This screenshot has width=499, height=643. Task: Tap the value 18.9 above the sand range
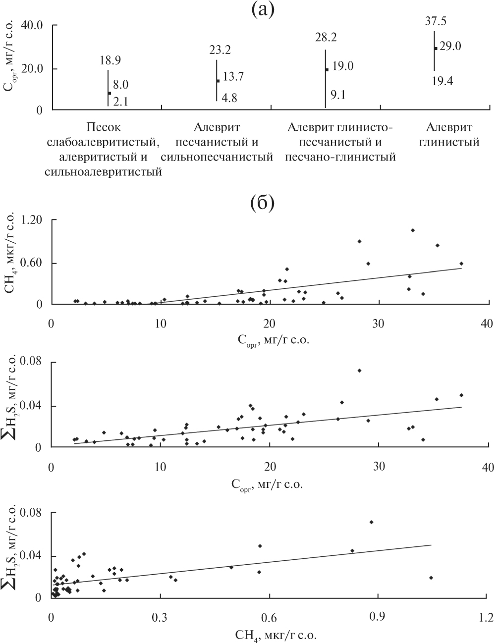coord(110,61)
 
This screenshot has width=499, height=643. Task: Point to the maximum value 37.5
coord(436,21)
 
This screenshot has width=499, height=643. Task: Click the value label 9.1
coord(338,94)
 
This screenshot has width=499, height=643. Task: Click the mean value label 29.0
coord(450,47)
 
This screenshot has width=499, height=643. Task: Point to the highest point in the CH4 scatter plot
coord(413,230)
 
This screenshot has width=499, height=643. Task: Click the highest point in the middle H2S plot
coord(359,371)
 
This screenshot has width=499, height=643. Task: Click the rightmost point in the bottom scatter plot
coord(431,578)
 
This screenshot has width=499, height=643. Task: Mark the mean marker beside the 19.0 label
coord(327,70)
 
